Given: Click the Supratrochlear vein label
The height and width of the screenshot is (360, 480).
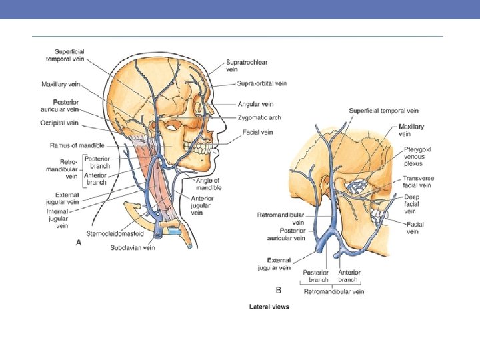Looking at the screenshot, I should click(x=246, y=65).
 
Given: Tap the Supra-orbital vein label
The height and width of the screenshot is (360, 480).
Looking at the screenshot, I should click(x=262, y=83).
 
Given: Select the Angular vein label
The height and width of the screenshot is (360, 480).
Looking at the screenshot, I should click(x=255, y=104).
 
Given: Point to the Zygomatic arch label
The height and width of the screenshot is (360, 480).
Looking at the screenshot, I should click(x=259, y=117).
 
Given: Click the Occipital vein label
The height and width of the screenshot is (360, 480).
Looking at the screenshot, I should click(x=60, y=123).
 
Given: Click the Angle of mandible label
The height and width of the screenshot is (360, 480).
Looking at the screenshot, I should click(x=208, y=185).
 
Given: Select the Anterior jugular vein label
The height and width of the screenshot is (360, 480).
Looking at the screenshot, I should click(x=202, y=205).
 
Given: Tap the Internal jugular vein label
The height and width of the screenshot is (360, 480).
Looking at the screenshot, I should click(x=57, y=218).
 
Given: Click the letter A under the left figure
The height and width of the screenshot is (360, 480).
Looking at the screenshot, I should click(x=79, y=243).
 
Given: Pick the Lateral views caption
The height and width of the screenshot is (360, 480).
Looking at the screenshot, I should click(x=269, y=307).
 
